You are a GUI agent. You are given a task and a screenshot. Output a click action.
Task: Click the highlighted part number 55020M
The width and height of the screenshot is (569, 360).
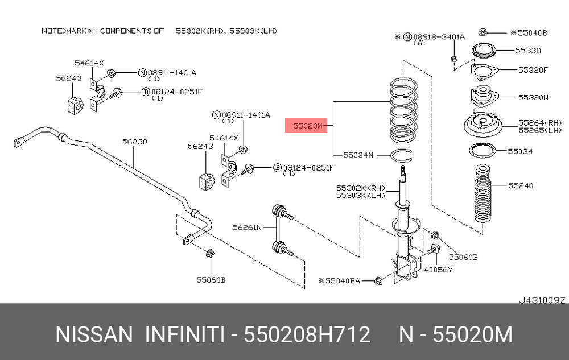point(307,126)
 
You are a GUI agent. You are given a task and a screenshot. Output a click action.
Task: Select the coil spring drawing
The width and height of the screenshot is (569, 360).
point(403,110)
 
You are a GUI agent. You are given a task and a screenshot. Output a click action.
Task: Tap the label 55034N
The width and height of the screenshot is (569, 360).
point(358,155)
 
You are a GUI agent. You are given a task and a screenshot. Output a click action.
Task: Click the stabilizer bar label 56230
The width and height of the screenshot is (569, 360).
point(135,142)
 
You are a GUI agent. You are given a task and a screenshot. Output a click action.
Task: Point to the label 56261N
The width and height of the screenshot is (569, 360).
point(247,227)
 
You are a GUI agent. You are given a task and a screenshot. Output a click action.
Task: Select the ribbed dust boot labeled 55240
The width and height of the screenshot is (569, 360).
point(483,193)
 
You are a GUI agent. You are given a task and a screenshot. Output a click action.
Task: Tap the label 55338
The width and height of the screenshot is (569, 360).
point(529,51)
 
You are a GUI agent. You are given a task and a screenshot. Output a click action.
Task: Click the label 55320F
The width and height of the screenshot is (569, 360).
point(533,70)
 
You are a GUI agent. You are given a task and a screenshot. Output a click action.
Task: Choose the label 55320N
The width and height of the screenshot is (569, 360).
point(533,97)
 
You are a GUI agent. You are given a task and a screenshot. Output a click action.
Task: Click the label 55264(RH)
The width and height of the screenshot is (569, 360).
point(540,123)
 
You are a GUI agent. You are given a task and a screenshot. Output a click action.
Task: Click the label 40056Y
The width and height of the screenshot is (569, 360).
point(438,270)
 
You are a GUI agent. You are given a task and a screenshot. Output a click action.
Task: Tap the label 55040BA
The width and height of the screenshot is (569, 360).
point(343,280)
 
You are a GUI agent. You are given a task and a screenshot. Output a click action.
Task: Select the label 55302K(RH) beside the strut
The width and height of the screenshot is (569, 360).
point(361,188)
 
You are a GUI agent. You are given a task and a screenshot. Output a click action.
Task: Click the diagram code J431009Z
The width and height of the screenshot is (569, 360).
point(542,300)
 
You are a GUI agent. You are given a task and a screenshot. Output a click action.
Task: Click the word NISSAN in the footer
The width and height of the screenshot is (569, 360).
point(94,334)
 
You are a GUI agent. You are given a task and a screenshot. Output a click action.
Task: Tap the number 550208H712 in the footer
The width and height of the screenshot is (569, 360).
point(307,334)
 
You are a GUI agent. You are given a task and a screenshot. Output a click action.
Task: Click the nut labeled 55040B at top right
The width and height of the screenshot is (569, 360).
point(483,32)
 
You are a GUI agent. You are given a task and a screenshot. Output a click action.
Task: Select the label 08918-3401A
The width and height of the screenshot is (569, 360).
point(439,37)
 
